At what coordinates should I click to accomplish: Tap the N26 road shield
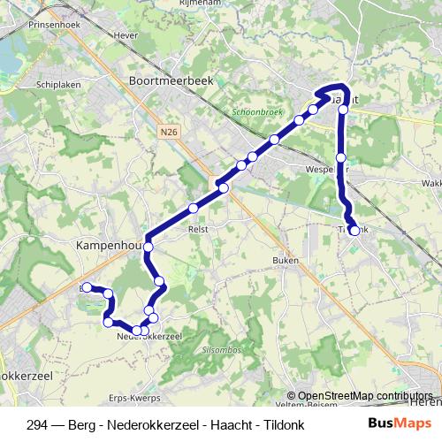coord(170,132)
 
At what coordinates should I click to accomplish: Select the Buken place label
coord(286,261)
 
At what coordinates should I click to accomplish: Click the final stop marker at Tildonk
coord(354,231)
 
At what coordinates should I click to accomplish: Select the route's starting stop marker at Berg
coord(88,286)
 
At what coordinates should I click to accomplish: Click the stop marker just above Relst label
coord(193,209)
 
